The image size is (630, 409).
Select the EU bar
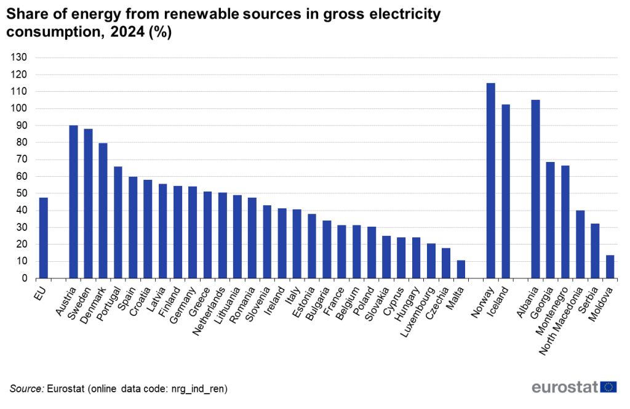click(x=43, y=238)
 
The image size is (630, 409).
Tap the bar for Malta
click(x=461, y=269)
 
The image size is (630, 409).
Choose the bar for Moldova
click(x=610, y=267)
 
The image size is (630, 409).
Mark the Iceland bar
click(x=506, y=191)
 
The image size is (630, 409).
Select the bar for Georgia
click(x=550, y=220)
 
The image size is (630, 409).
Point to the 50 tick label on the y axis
click(x=22, y=193)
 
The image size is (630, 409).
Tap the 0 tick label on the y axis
click(x=25, y=278)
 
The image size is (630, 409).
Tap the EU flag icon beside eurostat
click(x=609, y=387)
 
